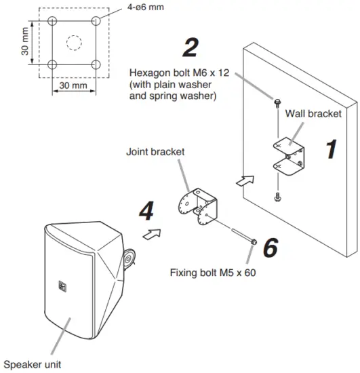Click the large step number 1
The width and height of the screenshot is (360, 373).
click(330, 149)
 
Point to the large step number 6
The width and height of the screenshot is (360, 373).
click(270, 248)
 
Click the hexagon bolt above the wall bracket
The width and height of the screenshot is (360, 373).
click(278, 101)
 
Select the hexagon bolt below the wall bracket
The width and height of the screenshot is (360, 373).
click(278, 197)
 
